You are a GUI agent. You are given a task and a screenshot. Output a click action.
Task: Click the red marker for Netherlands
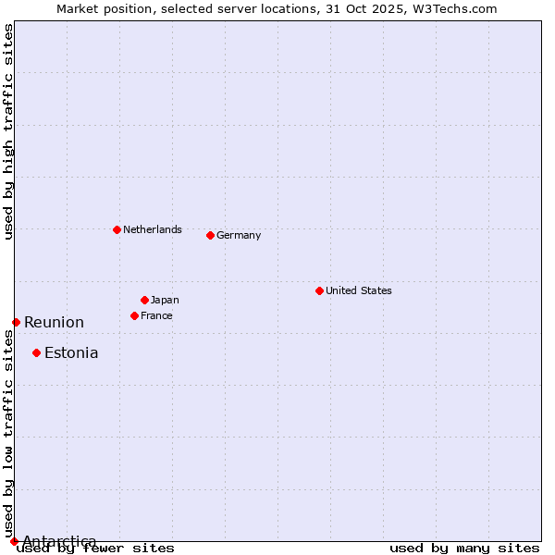[x=117, y=229]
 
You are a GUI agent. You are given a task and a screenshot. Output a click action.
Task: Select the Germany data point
[x=210, y=235]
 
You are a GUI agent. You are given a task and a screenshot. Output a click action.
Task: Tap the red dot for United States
[x=319, y=290]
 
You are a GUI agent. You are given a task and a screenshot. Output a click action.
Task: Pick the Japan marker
[x=144, y=300]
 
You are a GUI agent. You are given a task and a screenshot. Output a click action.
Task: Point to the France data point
[x=134, y=315]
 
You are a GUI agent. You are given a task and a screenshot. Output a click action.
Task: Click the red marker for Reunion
[x=16, y=322]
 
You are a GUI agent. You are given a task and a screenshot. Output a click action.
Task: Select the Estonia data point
[x=36, y=352]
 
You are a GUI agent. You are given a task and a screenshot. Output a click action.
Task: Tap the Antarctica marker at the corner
[x=14, y=541]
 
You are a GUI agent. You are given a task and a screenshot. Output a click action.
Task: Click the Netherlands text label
[x=153, y=229]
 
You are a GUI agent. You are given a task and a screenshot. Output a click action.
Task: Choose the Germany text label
[x=239, y=235]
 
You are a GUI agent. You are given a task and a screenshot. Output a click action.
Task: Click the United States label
[x=359, y=290]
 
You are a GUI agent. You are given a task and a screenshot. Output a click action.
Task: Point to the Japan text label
[x=165, y=300]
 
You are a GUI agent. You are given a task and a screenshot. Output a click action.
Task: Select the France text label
[x=156, y=315]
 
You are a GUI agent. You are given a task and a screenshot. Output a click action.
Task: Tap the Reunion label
[x=54, y=322]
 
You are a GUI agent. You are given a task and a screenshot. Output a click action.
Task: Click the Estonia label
[x=71, y=352]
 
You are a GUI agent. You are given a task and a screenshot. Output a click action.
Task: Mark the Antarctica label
[x=59, y=541]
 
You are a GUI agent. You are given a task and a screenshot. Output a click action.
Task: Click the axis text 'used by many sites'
[x=464, y=548]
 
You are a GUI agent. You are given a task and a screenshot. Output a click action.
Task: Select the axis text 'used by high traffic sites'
[x=8, y=131]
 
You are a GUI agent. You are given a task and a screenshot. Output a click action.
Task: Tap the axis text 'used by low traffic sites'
[x=8, y=435]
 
